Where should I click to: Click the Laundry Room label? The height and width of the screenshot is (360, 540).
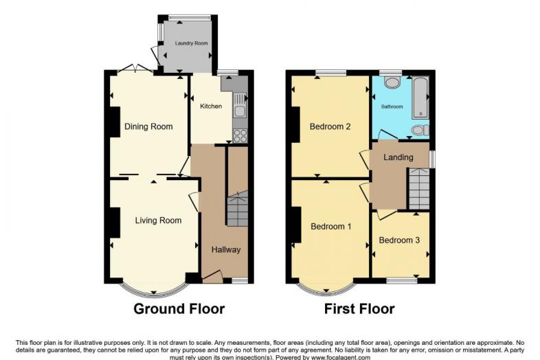coord(191,43)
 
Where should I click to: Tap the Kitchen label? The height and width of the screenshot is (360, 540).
coord(211,106)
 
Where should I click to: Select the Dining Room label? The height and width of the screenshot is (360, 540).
coord(148,126)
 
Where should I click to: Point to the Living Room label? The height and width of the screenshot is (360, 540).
coord(158,221)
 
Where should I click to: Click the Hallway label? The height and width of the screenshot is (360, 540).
coord(226,250)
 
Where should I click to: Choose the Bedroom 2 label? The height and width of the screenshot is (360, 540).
coord(330,126)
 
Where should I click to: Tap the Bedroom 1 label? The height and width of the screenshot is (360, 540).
coord(331,226)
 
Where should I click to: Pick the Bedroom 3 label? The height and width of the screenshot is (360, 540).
coord(399,240)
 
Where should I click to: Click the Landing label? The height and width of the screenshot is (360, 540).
coord(398,157)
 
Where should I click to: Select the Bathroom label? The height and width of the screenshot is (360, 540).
coord(392,106)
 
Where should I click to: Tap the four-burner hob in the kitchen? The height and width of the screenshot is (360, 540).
coord(240,135)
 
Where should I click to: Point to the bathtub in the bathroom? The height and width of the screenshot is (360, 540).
coord(420,98)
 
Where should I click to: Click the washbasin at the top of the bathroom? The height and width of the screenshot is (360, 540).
coord(391,82)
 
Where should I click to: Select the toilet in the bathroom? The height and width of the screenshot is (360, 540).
coord(420,131)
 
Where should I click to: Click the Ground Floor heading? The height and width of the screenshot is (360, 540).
coord(179,308)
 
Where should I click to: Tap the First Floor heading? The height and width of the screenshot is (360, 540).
coord(359,308)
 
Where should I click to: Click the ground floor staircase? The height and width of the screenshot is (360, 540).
coord(237,209)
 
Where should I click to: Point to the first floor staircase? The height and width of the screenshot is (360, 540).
coord(419,189)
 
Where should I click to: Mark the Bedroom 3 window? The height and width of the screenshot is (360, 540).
coord(402,281)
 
